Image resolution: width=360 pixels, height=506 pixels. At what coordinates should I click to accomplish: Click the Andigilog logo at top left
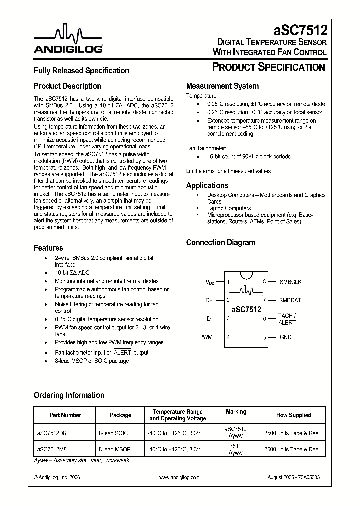point(68,40)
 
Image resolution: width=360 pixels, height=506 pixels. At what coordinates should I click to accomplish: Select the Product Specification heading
point(269,67)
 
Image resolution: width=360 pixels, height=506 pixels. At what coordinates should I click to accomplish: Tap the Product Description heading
point(67,86)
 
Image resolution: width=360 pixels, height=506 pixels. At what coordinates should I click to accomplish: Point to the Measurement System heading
point(222,86)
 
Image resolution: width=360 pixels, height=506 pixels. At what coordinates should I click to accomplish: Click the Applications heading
point(207,185)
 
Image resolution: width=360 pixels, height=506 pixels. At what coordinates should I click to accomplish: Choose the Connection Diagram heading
point(220,243)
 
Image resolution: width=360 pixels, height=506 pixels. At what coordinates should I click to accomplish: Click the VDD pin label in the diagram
point(210,282)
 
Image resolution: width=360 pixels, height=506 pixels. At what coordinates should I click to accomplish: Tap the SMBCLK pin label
point(290,282)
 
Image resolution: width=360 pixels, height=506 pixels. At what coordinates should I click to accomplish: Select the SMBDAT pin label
point(290,300)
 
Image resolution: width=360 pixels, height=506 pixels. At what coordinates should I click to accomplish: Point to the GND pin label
point(285,337)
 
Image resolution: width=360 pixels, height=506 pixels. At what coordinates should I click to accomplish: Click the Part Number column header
point(65,415)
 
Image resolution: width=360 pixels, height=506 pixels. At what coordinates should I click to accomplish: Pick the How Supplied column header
point(293,415)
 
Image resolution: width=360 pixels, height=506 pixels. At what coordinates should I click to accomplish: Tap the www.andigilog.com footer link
point(179,478)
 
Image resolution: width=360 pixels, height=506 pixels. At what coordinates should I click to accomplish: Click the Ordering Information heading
point(69,395)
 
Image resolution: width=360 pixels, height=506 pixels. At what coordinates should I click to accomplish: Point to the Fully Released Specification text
point(81,71)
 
